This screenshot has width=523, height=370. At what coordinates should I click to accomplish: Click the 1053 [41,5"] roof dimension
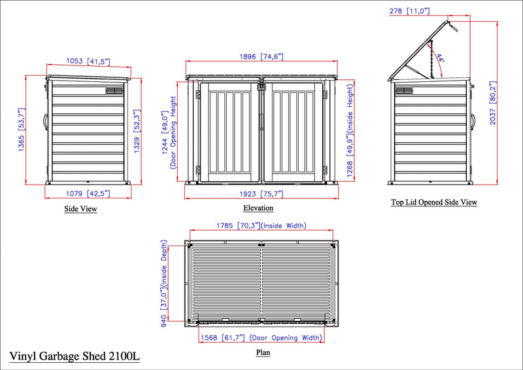pos(88,62)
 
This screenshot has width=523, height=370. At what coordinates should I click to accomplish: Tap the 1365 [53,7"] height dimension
pos(22,130)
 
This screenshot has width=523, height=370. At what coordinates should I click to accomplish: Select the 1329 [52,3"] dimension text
pos(137,132)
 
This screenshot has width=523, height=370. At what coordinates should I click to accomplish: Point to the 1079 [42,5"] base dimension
pos(88,194)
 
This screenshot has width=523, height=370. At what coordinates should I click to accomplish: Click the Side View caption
pos(80,209)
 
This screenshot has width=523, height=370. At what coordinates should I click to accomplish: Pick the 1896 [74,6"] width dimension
pos(261,56)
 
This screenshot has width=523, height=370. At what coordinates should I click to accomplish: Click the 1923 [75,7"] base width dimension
pos(261,194)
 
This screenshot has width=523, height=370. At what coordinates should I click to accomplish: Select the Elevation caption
pos(258,208)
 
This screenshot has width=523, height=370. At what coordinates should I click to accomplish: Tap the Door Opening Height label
pos(173,133)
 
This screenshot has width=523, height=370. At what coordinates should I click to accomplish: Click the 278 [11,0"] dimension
pos(409,11)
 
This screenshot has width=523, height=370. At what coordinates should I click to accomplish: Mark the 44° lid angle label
pos(440,58)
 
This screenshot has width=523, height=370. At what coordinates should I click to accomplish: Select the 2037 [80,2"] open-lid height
pos(493,103)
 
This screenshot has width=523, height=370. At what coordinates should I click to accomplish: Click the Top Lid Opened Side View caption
pos(434,202)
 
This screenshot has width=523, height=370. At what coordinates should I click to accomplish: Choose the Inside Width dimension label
pos(261,226)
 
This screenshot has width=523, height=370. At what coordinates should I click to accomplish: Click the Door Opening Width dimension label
pos(261,338)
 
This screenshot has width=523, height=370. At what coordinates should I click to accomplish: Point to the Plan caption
pos(263,352)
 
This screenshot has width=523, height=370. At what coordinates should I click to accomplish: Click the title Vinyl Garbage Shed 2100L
pos(75,356)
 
